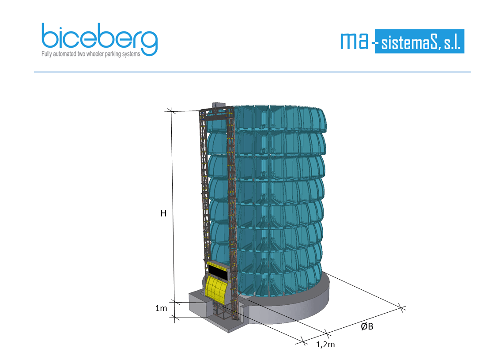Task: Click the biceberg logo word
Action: pos(99,38)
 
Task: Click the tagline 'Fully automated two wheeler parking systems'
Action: pos(91,54)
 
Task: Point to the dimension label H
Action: pos(163,213)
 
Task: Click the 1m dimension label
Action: pos(161,308)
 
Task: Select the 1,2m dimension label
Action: pos(325,345)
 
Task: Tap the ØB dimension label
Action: pos(367,326)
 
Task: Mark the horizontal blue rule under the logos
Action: pos(252,72)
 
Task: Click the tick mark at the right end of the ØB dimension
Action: pos(401,307)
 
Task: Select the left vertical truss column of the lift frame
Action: pos(204,186)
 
